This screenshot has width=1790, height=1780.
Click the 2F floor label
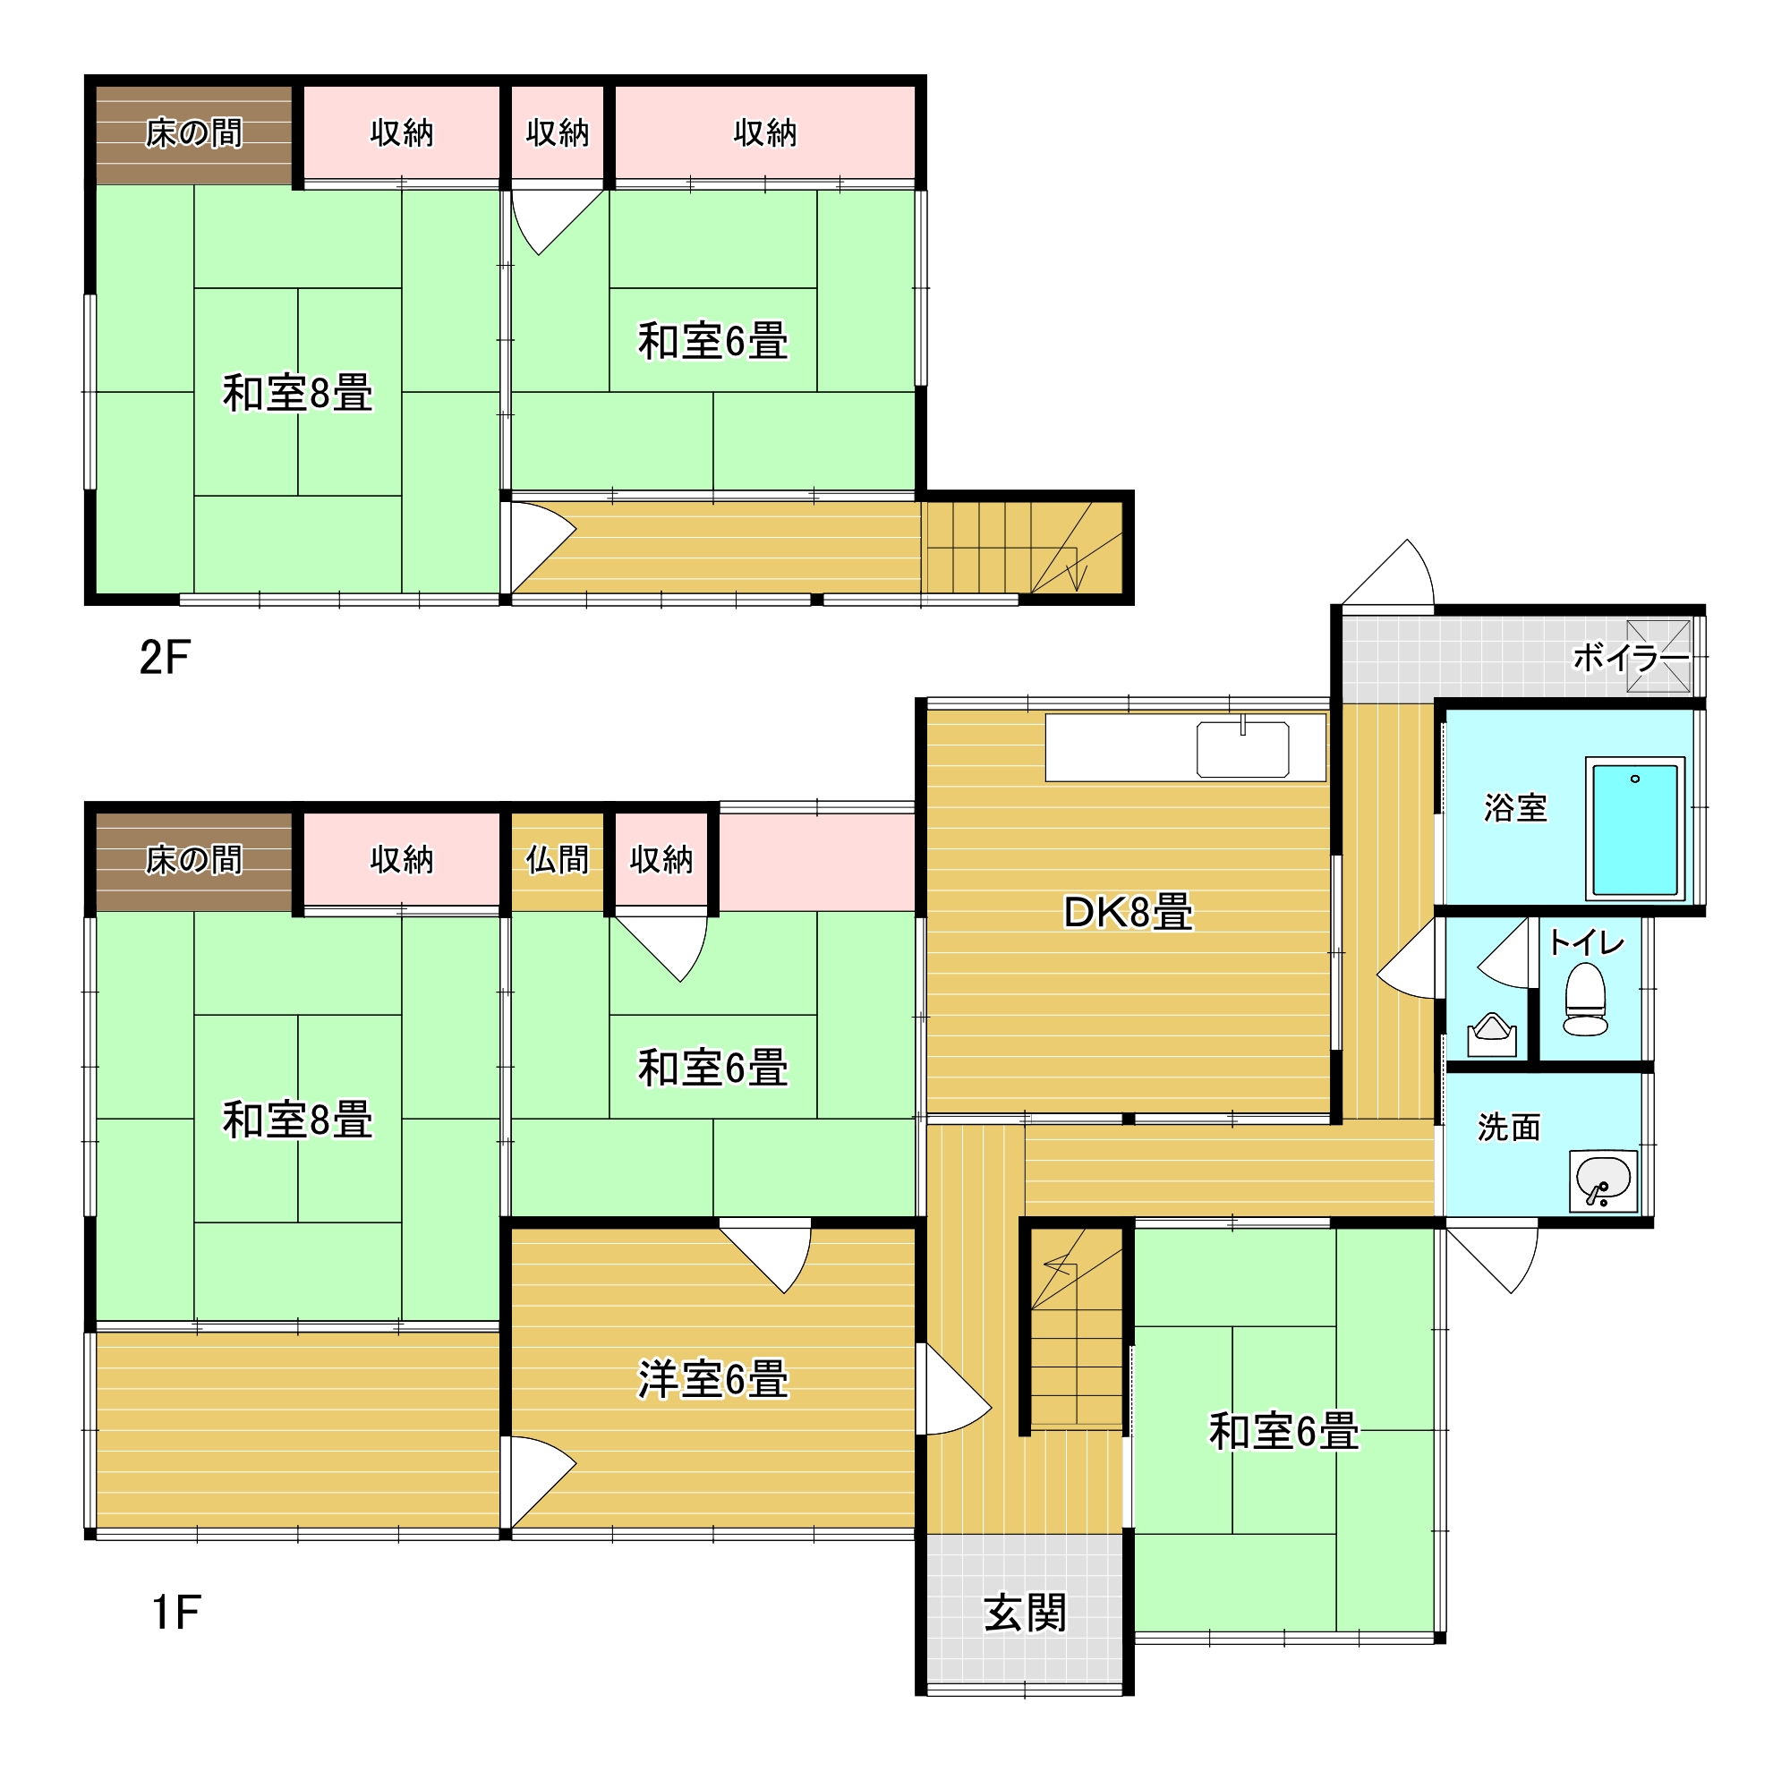[x=164, y=658]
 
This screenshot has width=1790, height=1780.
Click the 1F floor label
[x=175, y=1613]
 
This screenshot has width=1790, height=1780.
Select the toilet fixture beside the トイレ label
[x=1585, y=999]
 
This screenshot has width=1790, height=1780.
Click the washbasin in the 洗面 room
[x=1603, y=1180]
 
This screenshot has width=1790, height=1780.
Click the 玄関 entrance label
[x=1025, y=1614]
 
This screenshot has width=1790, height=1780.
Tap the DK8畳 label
[x=1128, y=913]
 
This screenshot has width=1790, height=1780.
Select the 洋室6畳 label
[x=712, y=1380]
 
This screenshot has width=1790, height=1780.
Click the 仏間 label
[x=557, y=860]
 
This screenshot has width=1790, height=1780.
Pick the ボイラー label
[x=1631, y=658]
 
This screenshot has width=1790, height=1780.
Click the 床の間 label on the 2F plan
[x=193, y=132]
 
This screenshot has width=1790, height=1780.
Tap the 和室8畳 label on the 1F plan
[x=297, y=1120]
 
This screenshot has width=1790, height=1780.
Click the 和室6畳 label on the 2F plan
[x=712, y=341]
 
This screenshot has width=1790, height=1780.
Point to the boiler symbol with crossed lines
[x=1658, y=656]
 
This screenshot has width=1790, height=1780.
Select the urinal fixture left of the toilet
[x=1492, y=1035]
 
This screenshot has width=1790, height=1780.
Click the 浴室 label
[x=1515, y=807]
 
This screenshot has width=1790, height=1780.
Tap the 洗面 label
[x=1508, y=1127]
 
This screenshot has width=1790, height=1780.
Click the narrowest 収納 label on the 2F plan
[x=557, y=132]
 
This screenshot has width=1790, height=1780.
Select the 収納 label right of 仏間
[x=661, y=860]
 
